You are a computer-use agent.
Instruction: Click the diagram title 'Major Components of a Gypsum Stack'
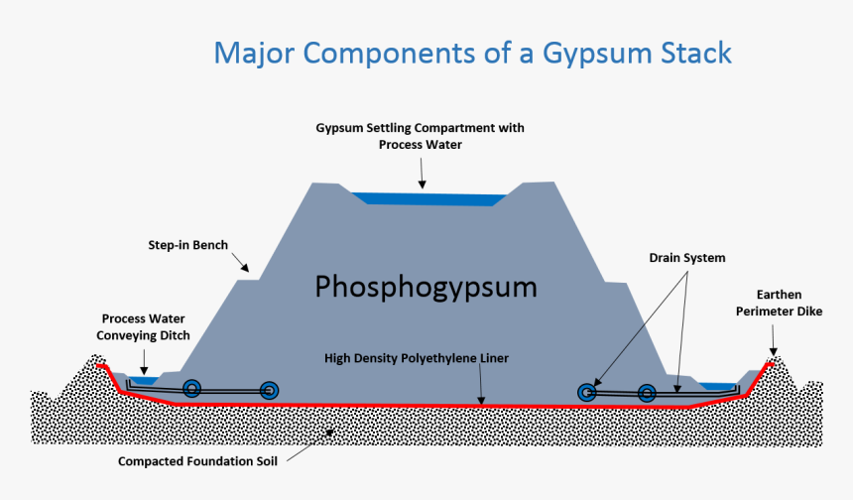[x=472, y=52]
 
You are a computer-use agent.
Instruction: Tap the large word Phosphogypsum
[x=426, y=288]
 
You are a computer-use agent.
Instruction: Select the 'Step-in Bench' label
[x=188, y=244]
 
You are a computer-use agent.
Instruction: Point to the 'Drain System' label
[x=686, y=258]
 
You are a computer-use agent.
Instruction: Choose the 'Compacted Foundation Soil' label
[x=196, y=461]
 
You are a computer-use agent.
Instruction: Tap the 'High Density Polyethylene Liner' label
[x=417, y=357]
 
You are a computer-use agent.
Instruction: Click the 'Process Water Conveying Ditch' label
[x=145, y=326]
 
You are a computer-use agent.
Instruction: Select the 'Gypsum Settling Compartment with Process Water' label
[x=420, y=136]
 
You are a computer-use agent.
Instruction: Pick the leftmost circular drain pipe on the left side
[x=193, y=389]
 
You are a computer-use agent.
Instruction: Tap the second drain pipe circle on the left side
[x=269, y=391]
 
